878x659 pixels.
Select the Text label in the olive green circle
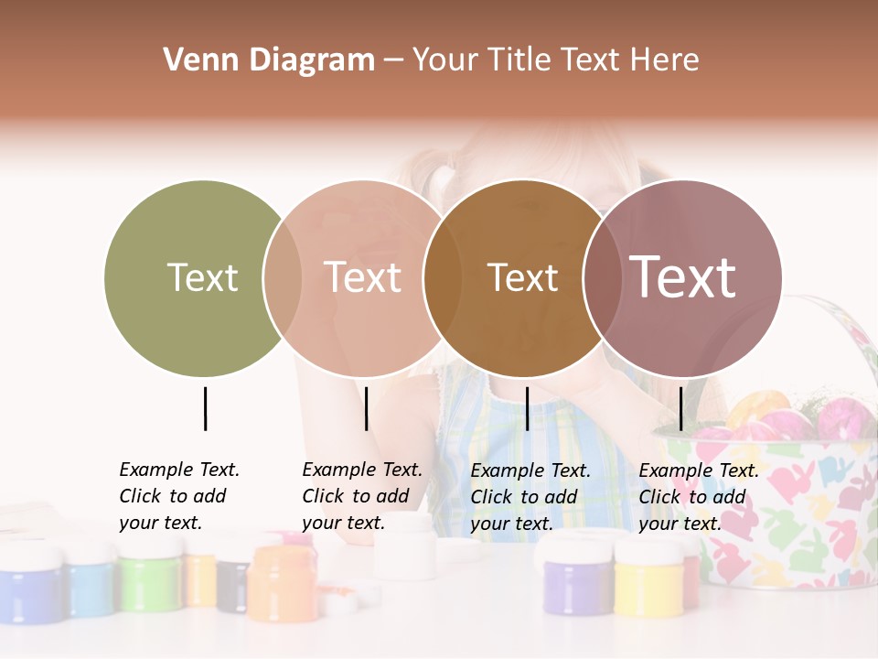[x=202, y=277]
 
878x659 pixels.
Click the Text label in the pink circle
[x=363, y=277]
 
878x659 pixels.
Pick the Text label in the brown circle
[x=522, y=277]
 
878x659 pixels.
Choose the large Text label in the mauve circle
[x=683, y=277]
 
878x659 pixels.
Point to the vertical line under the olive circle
[x=205, y=408]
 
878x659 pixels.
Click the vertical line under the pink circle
[x=366, y=408]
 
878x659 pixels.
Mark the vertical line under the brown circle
[x=527, y=408]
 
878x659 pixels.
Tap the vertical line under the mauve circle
[x=680, y=408]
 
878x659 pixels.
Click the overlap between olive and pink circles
[x=283, y=277]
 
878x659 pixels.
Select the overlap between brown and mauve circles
[x=601, y=277]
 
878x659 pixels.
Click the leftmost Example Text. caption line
[x=179, y=470]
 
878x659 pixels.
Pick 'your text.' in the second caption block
[x=343, y=523]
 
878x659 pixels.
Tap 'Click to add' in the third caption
[x=524, y=497]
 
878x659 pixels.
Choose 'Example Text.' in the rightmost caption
[x=699, y=470]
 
